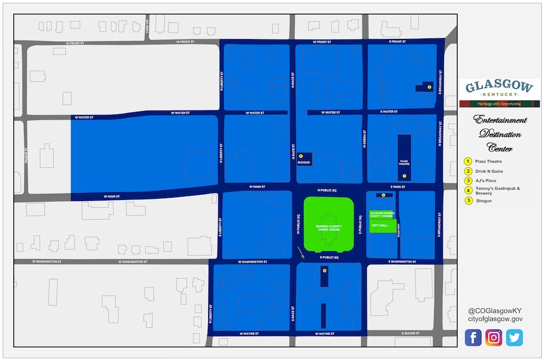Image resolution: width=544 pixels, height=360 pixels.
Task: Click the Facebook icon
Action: tap(473, 337)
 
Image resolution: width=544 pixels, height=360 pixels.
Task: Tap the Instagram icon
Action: tap(493, 337)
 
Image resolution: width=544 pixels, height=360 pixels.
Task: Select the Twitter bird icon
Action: tap(514, 337)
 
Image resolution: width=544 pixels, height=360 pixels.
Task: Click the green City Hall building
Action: tap(383, 226)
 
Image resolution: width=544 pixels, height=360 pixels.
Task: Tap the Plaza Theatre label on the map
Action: tap(404, 163)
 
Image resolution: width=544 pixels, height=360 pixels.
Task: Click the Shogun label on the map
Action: tap(304, 163)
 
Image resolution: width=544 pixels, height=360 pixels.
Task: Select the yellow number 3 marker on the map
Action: tap(429, 87)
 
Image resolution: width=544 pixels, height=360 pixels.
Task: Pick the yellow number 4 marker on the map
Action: tap(324, 271)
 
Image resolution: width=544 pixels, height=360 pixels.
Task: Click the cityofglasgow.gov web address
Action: tap(495, 319)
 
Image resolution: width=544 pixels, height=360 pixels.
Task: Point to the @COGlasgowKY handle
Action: tap(495, 311)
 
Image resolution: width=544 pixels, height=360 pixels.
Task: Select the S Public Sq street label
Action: tap(329, 258)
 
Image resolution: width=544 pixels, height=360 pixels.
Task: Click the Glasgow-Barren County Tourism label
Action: tap(382, 214)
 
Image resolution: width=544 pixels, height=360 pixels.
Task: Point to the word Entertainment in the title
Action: tap(500, 120)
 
